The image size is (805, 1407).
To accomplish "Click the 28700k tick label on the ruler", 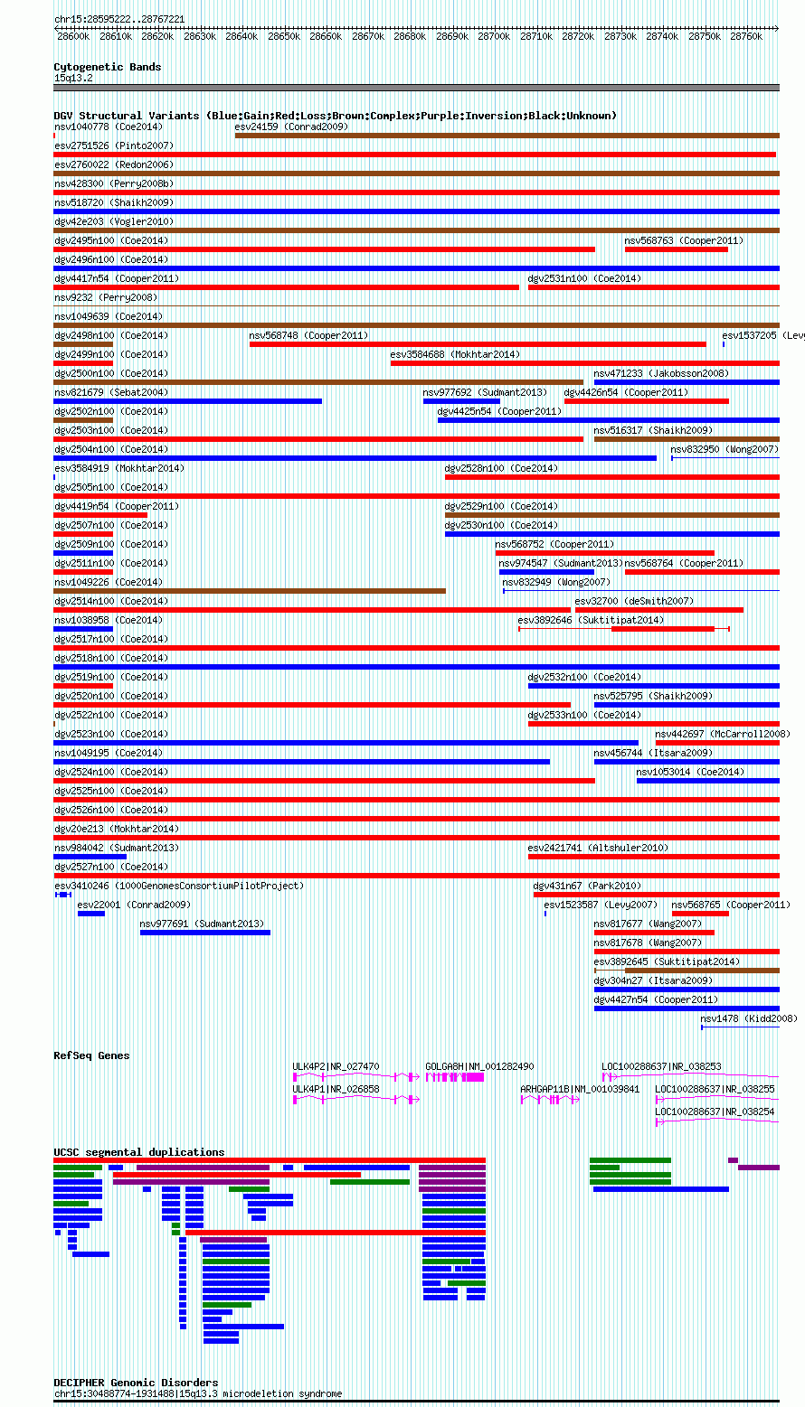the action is point(494,36).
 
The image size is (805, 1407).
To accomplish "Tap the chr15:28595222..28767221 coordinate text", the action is point(119,20).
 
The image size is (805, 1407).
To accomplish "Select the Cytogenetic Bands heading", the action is point(108,67).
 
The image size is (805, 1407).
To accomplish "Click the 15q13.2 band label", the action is point(73,78).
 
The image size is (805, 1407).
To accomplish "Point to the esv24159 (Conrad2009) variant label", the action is point(291,127).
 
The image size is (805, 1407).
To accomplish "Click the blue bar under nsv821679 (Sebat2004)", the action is point(187,401).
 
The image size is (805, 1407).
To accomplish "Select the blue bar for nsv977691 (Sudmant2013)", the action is point(205,933).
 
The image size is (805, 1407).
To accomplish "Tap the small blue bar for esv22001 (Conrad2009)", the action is point(91,914).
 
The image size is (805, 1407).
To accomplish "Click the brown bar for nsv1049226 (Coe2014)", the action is point(250,591).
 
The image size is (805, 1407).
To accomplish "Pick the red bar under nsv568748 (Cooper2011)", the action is point(478,344).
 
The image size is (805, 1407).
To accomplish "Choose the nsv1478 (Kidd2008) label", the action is point(748,1018).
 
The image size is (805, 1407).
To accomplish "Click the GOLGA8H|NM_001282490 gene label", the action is point(479,1066).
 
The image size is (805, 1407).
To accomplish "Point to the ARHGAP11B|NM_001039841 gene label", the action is point(580,1089).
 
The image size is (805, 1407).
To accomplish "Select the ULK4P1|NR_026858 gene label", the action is point(336,1089).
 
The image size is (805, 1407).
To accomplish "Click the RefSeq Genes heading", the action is point(92,1055).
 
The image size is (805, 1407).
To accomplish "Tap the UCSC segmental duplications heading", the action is point(139,1152).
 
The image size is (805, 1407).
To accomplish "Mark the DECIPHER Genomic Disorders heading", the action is point(136,1383).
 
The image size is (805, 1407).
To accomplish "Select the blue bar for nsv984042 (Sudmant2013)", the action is point(90,857).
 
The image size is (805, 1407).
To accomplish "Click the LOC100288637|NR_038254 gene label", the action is point(715,1112).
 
